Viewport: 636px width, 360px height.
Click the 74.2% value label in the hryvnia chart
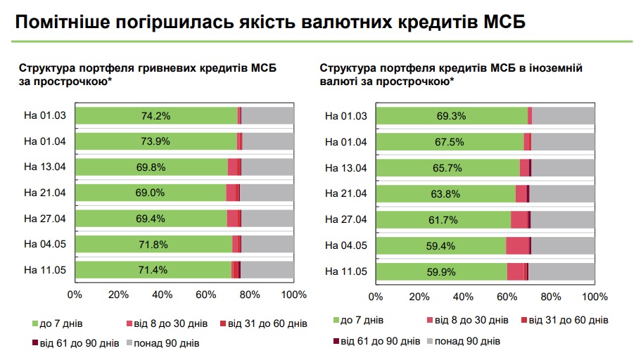click(x=155, y=116)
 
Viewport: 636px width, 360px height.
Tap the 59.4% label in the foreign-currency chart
click(x=441, y=245)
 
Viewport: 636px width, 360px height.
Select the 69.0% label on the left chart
click(x=151, y=193)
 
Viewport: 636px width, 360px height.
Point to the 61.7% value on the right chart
click(x=443, y=219)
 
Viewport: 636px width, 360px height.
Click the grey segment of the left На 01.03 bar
click(x=267, y=116)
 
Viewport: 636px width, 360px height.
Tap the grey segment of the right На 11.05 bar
click(x=561, y=271)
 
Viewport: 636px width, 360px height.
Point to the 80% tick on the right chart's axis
click(x=552, y=297)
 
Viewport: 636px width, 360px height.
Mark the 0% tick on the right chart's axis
click(x=376, y=297)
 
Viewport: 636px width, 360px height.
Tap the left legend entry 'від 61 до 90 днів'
click(x=78, y=344)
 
